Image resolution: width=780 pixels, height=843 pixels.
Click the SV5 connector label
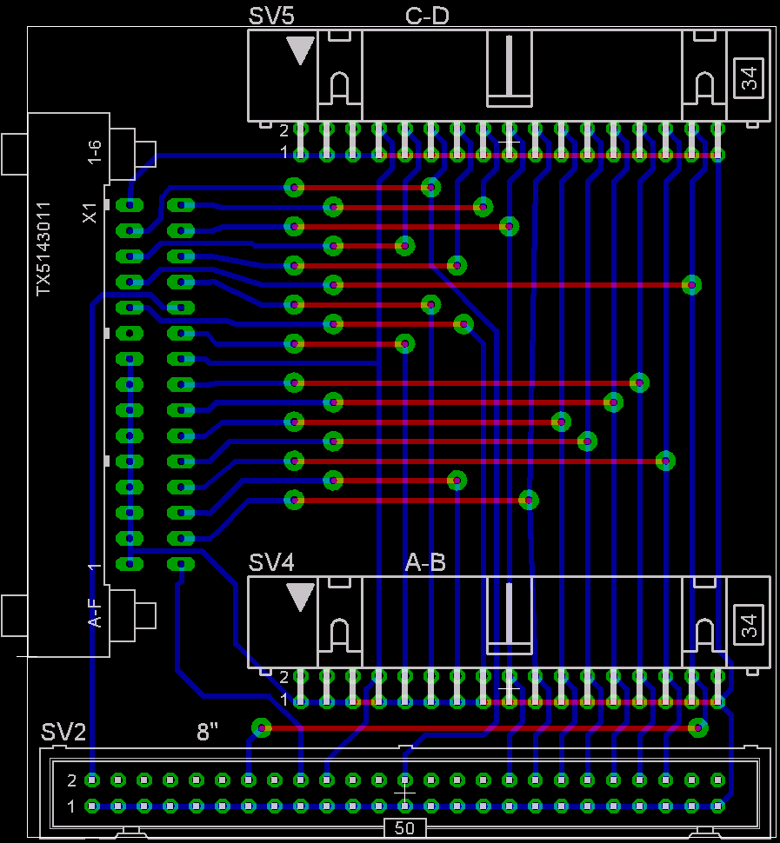pyautogui.click(x=271, y=16)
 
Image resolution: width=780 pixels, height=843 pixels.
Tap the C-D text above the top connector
pyautogui.click(x=427, y=16)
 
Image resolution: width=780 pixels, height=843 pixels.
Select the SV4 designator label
pyautogui.click(x=271, y=562)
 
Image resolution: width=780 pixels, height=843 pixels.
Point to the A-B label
pyautogui.click(x=425, y=562)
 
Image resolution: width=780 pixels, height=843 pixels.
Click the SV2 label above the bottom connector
pyautogui.click(x=63, y=732)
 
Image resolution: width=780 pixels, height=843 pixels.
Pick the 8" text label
pyautogui.click(x=207, y=732)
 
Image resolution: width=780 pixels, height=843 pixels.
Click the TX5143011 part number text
pyautogui.click(x=43, y=249)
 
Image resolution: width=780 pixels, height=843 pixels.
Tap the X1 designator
pyautogui.click(x=90, y=213)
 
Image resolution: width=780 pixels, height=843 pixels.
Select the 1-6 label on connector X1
pyautogui.click(x=94, y=152)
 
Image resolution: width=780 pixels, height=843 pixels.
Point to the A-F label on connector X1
pyautogui.click(x=94, y=614)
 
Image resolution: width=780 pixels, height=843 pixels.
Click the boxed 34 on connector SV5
pyautogui.click(x=749, y=78)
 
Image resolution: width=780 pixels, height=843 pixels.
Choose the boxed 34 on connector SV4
pyautogui.click(x=749, y=625)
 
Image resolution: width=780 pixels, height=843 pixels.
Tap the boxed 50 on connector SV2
pyautogui.click(x=404, y=828)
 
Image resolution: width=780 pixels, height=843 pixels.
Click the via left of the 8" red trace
pyautogui.click(x=262, y=728)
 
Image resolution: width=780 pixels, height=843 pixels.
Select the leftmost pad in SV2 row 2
pyautogui.click(x=92, y=780)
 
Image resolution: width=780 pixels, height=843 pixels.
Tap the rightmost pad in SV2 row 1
pyautogui.click(x=717, y=806)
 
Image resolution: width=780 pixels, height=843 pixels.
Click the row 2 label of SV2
pyautogui.click(x=71, y=780)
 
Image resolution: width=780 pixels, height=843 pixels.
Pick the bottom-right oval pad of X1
pyautogui.click(x=181, y=564)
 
